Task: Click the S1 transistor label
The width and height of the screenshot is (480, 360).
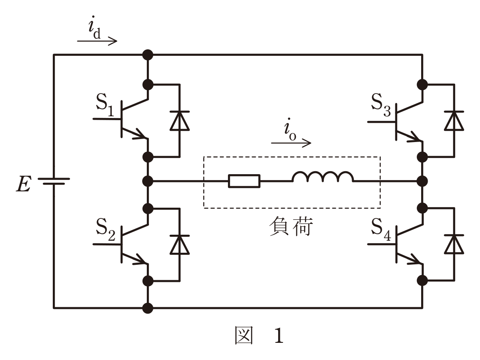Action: (x=105, y=105)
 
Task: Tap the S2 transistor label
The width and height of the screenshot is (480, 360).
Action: (x=105, y=229)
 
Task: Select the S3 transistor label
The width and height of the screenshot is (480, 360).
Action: (x=381, y=105)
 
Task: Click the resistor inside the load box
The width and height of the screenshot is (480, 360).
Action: (x=244, y=181)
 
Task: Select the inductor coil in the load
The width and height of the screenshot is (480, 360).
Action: (x=323, y=177)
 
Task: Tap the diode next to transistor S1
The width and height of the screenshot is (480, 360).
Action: (x=180, y=121)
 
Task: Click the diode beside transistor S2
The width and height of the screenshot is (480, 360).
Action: (x=180, y=245)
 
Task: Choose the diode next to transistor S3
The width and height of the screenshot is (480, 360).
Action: (x=454, y=121)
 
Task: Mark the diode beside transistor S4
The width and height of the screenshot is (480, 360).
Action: (x=454, y=244)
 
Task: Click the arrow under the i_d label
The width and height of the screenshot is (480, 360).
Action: (x=97, y=41)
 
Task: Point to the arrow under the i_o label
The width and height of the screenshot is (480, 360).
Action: (x=291, y=143)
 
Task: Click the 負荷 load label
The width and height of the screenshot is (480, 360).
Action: (x=291, y=226)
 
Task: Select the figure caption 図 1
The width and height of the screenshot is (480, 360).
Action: (x=259, y=336)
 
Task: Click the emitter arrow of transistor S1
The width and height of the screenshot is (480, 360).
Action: (x=135, y=133)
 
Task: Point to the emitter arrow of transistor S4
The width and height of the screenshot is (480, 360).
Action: (x=410, y=258)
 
